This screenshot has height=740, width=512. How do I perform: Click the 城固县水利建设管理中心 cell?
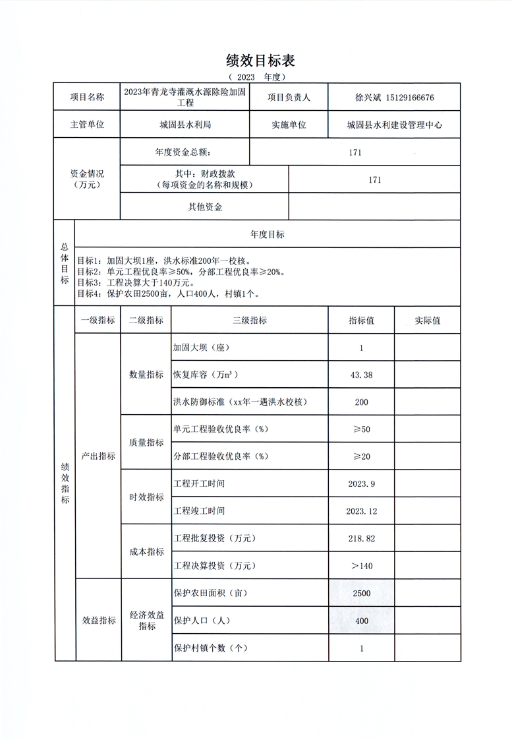[394, 124]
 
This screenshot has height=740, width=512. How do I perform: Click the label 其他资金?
[205, 207]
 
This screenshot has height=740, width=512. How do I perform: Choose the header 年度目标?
[268, 235]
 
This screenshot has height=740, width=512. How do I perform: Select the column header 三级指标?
[250, 321]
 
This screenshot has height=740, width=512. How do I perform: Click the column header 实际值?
[427, 321]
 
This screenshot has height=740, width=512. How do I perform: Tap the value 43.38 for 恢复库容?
[362, 375]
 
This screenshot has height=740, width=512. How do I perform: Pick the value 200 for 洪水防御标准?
[362, 402]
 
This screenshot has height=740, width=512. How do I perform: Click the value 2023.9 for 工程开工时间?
[362, 483]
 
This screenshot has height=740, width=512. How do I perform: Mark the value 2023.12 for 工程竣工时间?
[362, 511]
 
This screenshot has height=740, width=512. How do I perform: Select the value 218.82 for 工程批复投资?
[362, 538]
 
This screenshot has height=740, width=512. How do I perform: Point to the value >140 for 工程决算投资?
[362, 566]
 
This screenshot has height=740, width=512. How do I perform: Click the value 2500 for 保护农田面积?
[362, 594]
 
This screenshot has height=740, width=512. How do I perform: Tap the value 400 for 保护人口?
[362, 621]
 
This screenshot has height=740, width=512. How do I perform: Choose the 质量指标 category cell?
[146, 443]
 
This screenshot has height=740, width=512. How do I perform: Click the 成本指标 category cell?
[146, 552]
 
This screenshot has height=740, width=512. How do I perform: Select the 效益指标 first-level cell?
[99, 621]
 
